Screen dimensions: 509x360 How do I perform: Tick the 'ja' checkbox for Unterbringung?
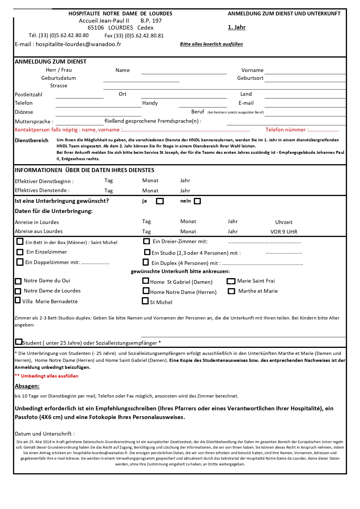tap(160, 201)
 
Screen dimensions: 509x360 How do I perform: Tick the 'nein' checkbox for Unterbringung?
tap(197, 201)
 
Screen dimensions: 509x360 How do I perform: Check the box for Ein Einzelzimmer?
tap(20, 252)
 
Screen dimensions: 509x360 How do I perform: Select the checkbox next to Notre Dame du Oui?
tap(18, 281)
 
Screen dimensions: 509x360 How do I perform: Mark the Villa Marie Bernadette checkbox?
tap(18, 300)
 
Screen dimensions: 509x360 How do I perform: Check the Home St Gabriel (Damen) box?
tap(146, 281)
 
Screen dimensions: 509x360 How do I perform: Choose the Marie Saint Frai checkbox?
tap(231, 281)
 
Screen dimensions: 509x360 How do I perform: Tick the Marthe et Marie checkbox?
tap(231, 291)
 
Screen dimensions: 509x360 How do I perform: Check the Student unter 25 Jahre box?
tap(19, 342)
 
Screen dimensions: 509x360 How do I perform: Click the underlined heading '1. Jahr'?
tap(237, 27)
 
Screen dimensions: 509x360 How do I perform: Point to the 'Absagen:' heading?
tap(27, 386)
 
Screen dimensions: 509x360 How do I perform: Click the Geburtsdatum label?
tap(59, 78)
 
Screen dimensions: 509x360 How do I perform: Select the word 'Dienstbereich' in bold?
tap(32, 140)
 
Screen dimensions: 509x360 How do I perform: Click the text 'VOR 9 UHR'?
tap(284, 232)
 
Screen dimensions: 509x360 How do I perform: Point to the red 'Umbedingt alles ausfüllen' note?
tap(49, 376)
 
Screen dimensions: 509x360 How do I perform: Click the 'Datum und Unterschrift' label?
tap(45, 434)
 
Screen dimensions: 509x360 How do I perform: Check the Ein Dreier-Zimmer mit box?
tap(147, 241)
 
